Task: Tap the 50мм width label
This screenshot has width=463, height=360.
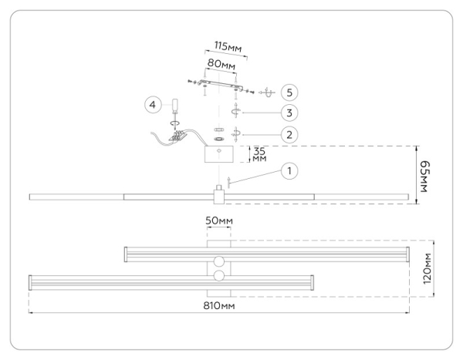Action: pos(219,222)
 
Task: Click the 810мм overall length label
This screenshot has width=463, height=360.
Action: pos(219,306)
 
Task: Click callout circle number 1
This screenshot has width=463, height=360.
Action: pos(288,170)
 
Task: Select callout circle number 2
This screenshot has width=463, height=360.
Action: pos(288,135)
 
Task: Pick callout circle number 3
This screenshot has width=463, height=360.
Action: pos(288,113)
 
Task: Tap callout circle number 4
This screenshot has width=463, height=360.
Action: pos(152,103)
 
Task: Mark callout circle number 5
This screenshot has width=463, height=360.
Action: pos(288,91)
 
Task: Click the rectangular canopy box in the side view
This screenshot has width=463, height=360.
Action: pos(220,154)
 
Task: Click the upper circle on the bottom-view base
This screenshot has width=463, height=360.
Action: pos(219,261)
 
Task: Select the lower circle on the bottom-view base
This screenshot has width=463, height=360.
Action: pos(219,275)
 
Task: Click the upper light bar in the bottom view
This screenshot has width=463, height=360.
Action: pos(266,252)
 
